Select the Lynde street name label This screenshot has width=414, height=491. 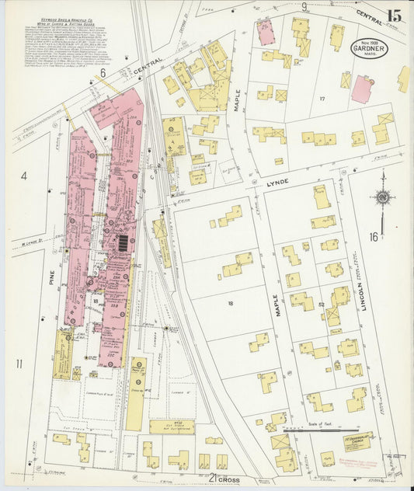pos(278,181)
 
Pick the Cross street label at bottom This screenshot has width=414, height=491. pos(229,480)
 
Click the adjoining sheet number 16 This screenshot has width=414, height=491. pos(374,236)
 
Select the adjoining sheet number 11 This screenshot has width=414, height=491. pos(18,364)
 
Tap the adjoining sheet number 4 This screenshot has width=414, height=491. pos(23,176)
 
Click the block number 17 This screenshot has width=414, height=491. pos(321,99)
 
